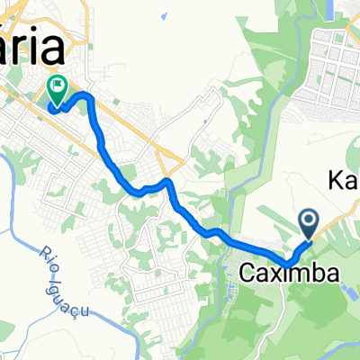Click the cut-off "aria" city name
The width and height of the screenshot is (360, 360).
click(x=33, y=45)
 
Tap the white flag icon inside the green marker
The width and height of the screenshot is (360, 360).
click(x=57, y=87)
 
